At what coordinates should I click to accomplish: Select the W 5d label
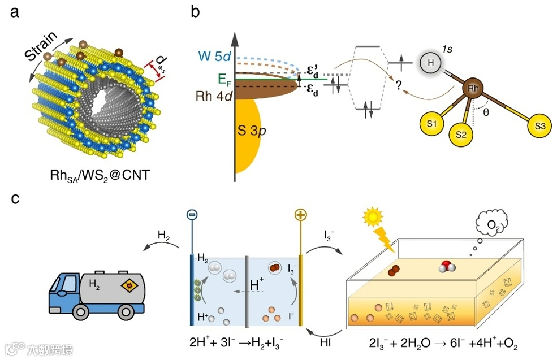pos(214,57)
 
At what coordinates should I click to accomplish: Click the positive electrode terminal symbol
pos(300,216)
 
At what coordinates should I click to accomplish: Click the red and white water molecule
pos(447,266)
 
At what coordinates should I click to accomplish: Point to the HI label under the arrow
pos(325,343)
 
